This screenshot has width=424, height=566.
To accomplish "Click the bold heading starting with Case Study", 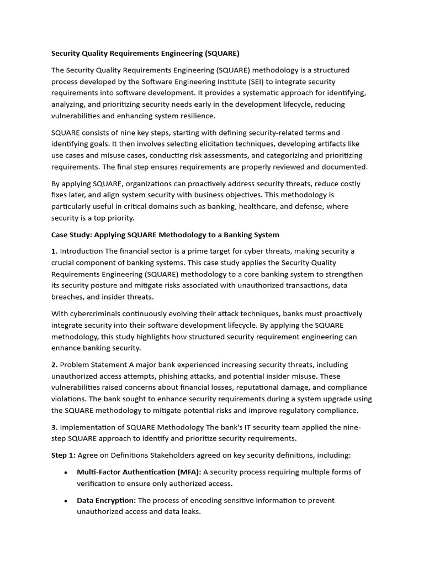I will [x=165, y=234].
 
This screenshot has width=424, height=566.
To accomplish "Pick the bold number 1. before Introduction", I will [x=54, y=251].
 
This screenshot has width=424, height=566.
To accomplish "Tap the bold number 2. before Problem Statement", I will [x=54, y=365].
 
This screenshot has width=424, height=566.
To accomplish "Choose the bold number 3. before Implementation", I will [x=54, y=427].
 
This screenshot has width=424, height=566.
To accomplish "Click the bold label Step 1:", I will [x=63, y=455].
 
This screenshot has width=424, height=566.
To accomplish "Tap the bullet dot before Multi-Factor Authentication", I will [x=66, y=472].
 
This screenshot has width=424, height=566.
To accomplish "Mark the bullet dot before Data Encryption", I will [x=66, y=500].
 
